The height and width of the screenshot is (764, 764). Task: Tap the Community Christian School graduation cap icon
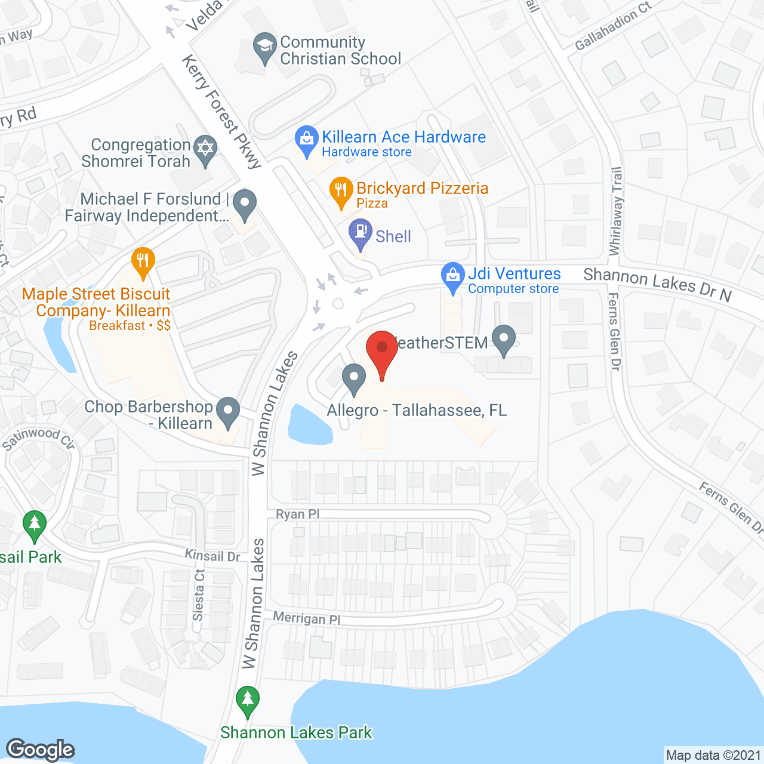pyautogui.click(x=264, y=47)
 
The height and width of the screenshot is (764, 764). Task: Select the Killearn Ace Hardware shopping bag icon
pyautogui.click(x=306, y=140)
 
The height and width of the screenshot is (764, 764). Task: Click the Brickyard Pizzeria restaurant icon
pyautogui.click(x=341, y=191)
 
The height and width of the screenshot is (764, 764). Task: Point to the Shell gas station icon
pyautogui.click(x=361, y=233)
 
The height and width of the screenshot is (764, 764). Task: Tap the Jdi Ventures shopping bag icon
pyautogui.click(x=453, y=276)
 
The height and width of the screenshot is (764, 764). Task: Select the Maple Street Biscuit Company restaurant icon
pyautogui.click(x=143, y=261)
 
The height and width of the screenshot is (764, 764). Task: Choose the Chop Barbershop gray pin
pyautogui.click(x=227, y=412)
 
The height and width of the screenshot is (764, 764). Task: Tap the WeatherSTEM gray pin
pyautogui.click(x=504, y=340)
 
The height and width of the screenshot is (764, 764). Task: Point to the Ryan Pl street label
pyautogui.click(x=298, y=514)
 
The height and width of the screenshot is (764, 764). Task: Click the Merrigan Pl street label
pyautogui.click(x=307, y=618)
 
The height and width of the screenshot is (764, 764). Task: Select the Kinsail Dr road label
pyautogui.click(x=212, y=556)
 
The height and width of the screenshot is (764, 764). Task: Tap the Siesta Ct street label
pyautogui.click(x=199, y=594)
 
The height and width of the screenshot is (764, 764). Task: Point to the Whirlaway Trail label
pyautogui.click(x=615, y=211)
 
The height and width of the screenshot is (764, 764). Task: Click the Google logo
pyautogui.click(x=41, y=750)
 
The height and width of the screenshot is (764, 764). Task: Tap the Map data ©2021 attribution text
pyautogui.click(x=714, y=755)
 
